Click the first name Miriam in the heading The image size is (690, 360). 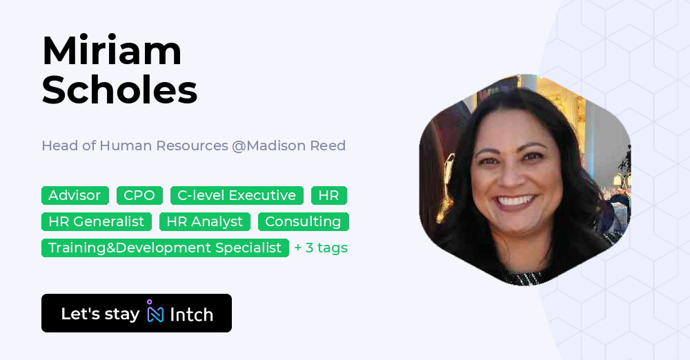point(112,51)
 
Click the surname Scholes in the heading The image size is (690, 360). point(119,90)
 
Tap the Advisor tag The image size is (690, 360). point(75,196)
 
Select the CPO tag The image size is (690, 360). point(139,196)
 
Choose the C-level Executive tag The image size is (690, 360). point(237,196)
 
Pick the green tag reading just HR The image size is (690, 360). point(328,196)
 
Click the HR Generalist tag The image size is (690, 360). point(97,221)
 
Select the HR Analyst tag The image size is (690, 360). point(205,221)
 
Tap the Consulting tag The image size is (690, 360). point(303,221)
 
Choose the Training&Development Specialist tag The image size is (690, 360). point(165,248)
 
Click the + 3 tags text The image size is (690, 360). point(321,248)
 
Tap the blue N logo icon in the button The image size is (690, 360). point(155,313)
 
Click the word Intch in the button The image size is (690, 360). point(191,314)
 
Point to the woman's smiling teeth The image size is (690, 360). point(515,201)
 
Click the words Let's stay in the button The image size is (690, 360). point(100,314)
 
